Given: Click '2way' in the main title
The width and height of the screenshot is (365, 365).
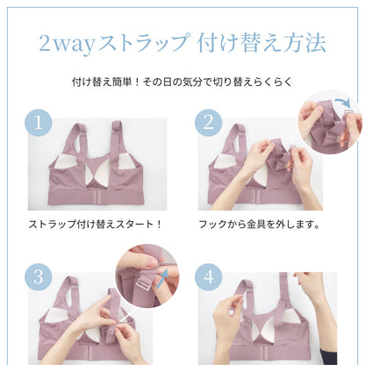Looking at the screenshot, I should pyautogui.click(x=69, y=41).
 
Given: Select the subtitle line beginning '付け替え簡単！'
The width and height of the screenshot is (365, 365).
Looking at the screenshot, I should pyautogui.click(x=182, y=84).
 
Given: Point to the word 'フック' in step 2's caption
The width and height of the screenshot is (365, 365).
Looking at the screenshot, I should pyautogui.click(x=213, y=223).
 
